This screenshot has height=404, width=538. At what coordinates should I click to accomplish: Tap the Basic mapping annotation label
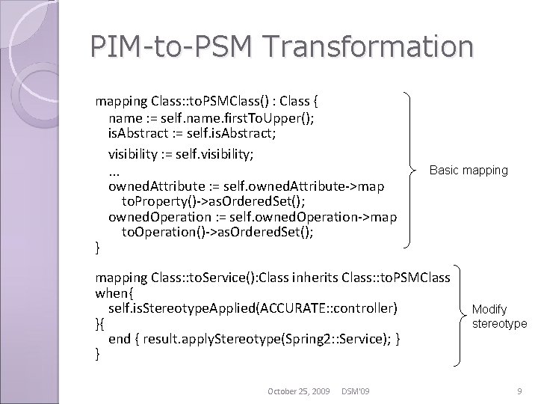coord(469,170)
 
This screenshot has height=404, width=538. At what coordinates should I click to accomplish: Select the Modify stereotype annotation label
coord(499,316)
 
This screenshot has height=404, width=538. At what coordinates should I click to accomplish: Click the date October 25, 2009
coord(299,391)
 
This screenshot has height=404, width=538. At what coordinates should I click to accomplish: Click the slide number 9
coord(519,391)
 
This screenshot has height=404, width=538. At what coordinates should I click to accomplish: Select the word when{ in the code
coord(114,293)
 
